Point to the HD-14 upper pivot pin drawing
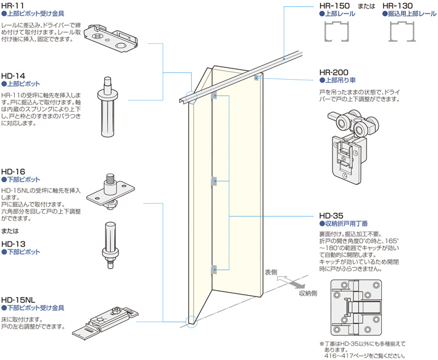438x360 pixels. [x=107, y=108]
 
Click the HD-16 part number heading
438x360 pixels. [x=13, y=171]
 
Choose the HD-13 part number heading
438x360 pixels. [x=13, y=244]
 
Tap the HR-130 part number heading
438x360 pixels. [x=399, y=6]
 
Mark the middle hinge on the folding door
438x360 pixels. [x=214, y=182]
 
